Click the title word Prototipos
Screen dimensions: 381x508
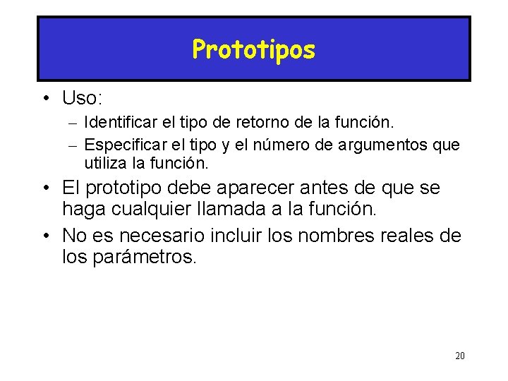point(253,49)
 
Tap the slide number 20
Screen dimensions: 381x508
point(459,356)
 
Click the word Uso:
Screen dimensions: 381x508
point(84,97)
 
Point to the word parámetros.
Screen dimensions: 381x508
point(144,256)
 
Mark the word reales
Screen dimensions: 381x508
point(411,235)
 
